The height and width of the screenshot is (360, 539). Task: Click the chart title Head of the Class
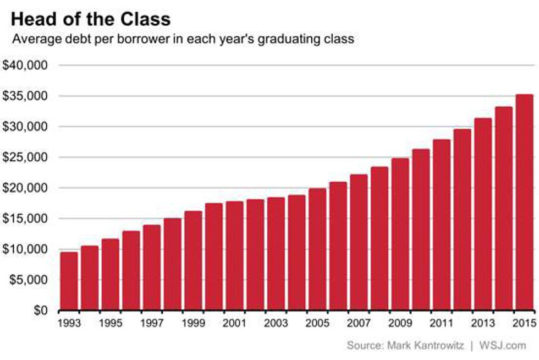[91, 19]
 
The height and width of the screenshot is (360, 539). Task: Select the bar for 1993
[69, 281]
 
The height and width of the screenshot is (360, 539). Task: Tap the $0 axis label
[40, 311]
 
